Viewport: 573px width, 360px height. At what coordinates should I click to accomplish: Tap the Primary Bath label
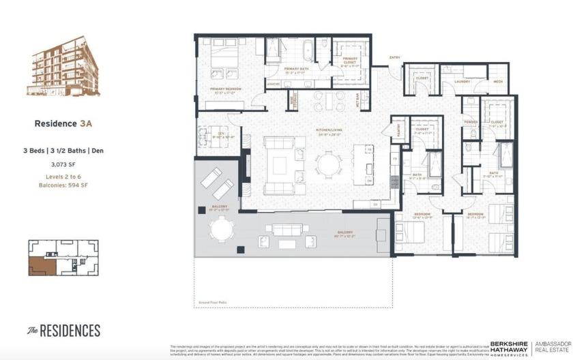click(x=297, y=69)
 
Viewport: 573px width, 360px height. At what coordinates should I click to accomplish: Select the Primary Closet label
click(x=350, y=60)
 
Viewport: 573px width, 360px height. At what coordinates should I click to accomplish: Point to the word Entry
click(x=394, y=57)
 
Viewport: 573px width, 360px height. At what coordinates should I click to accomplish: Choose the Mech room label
click(x=497, y=81)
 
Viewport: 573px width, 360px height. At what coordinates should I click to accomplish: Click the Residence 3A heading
click(x=63, y=124)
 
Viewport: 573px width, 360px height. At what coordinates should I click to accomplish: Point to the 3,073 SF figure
click(x=63, y=164)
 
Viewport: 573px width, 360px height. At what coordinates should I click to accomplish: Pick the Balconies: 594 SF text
click(x=63, y=185)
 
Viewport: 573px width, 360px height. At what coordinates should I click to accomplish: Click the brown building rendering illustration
click(x=63, y=70)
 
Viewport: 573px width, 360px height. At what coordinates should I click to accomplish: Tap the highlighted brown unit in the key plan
click(x=38, y=265)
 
